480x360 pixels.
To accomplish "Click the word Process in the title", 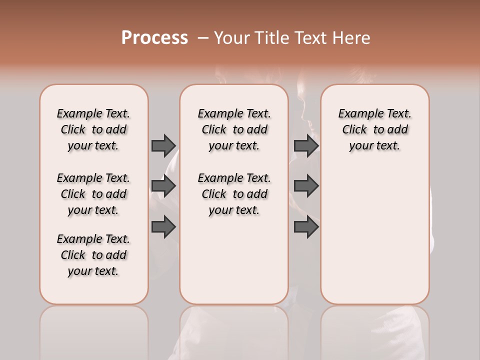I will point(154,38).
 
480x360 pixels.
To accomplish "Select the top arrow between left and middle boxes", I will point(163,145).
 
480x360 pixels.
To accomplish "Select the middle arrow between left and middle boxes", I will point(163,186).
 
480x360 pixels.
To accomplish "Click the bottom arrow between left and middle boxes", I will point(163,226).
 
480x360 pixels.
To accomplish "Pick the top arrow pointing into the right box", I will point(306,145).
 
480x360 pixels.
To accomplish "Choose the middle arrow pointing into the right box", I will point(306,186).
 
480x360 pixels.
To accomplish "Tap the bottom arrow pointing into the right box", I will point(306,226).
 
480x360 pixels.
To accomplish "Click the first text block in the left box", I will point(93,129).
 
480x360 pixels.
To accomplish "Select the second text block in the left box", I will point(93,194).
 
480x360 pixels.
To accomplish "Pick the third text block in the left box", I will point(93,255).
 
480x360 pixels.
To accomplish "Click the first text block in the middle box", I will point(234,129).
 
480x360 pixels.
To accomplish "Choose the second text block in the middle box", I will point(234,194).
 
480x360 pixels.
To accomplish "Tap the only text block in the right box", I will point(374,129).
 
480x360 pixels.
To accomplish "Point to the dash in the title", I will point(203,38).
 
